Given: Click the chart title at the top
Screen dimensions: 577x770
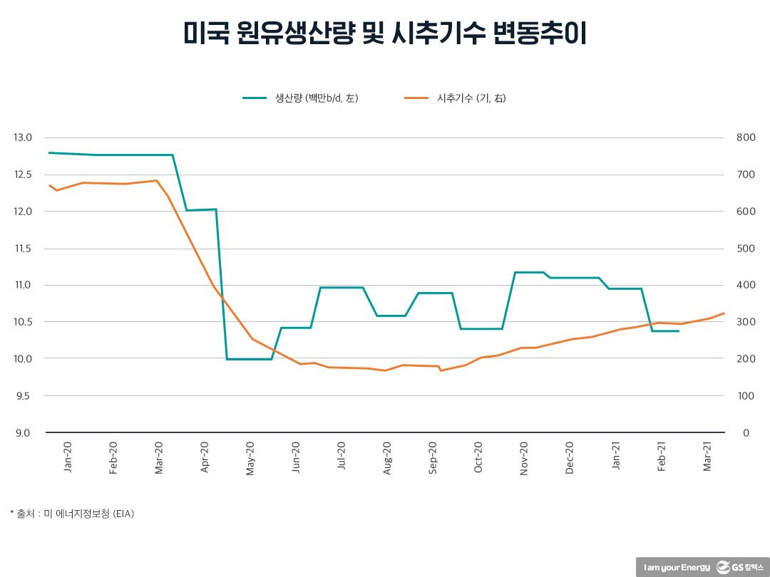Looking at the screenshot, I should (x=385, y=33).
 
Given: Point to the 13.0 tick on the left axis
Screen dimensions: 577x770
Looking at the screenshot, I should (x=24, y=137).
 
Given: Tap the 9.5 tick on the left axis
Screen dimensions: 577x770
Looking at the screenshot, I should (x=24, y=396).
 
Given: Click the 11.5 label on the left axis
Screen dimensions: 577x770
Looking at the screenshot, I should (x=24, y=249).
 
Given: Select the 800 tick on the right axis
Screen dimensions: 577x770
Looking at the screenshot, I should (x=744, y=137).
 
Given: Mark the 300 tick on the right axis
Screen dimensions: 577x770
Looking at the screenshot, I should (x=744, y=322).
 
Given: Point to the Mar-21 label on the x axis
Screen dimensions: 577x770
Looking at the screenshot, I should (x=707, y=457).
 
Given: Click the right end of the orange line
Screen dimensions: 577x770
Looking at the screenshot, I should (x=724, y=313).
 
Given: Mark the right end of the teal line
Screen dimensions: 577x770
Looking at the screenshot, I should (x=678, y=331).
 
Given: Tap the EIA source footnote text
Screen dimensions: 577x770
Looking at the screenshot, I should (x=72, y=513).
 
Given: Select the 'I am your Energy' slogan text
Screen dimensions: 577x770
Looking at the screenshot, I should (x=677, y=568).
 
